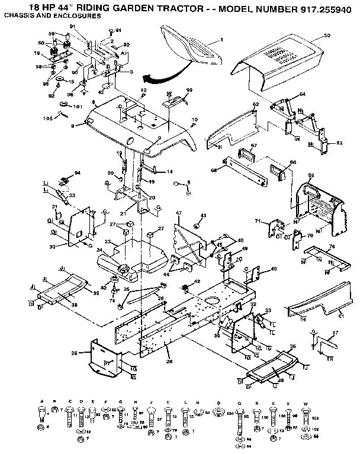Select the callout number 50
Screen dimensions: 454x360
coord(327,36)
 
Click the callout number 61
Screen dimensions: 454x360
coord(341,316)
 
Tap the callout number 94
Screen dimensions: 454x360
coord(76,173)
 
